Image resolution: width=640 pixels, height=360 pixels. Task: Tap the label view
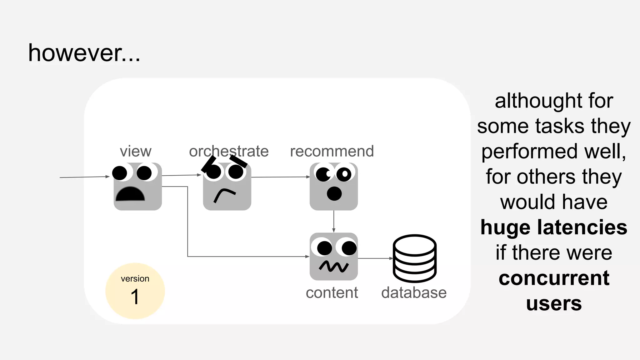136,151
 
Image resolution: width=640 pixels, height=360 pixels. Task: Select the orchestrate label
229,151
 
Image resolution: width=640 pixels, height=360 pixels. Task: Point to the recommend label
332,151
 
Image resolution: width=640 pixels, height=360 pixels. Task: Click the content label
332,293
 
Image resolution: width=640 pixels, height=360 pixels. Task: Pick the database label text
414,293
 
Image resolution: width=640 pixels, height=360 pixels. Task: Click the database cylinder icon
414,258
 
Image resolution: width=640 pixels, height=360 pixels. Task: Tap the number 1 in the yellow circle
135,297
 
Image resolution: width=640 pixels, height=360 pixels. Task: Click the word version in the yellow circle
135,278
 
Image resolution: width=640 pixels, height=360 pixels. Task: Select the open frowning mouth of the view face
130,195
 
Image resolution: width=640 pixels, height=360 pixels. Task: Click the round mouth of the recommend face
334,194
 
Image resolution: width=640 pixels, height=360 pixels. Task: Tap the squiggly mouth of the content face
334,266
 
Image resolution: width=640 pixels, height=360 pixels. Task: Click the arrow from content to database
375,258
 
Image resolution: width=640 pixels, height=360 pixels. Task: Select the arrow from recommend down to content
334,221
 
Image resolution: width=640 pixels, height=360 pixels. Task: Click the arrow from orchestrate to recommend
280,177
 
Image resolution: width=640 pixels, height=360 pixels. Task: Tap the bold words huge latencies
554,227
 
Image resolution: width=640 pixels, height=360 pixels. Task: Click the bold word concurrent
554,278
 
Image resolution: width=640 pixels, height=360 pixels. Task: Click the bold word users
554,303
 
